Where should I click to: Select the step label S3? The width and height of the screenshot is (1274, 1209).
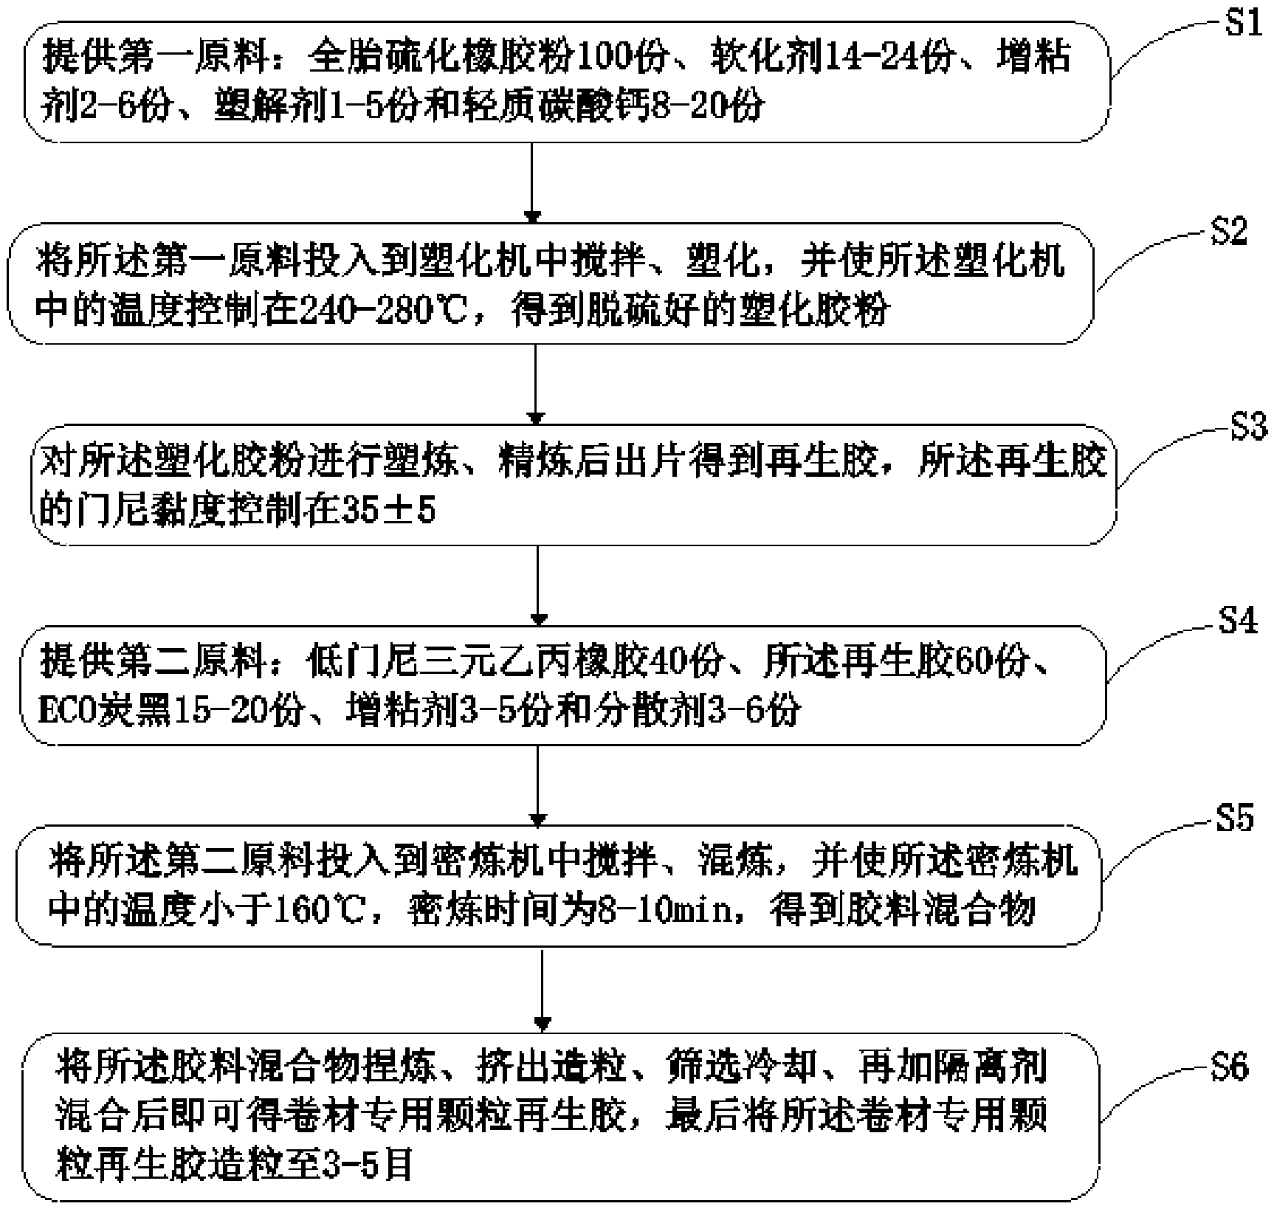[1247, 427]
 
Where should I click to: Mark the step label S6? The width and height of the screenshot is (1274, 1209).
[1229, 1068]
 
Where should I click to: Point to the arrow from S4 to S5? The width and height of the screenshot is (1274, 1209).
[538, 785]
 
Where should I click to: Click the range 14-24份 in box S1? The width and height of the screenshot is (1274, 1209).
[889, 58]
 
